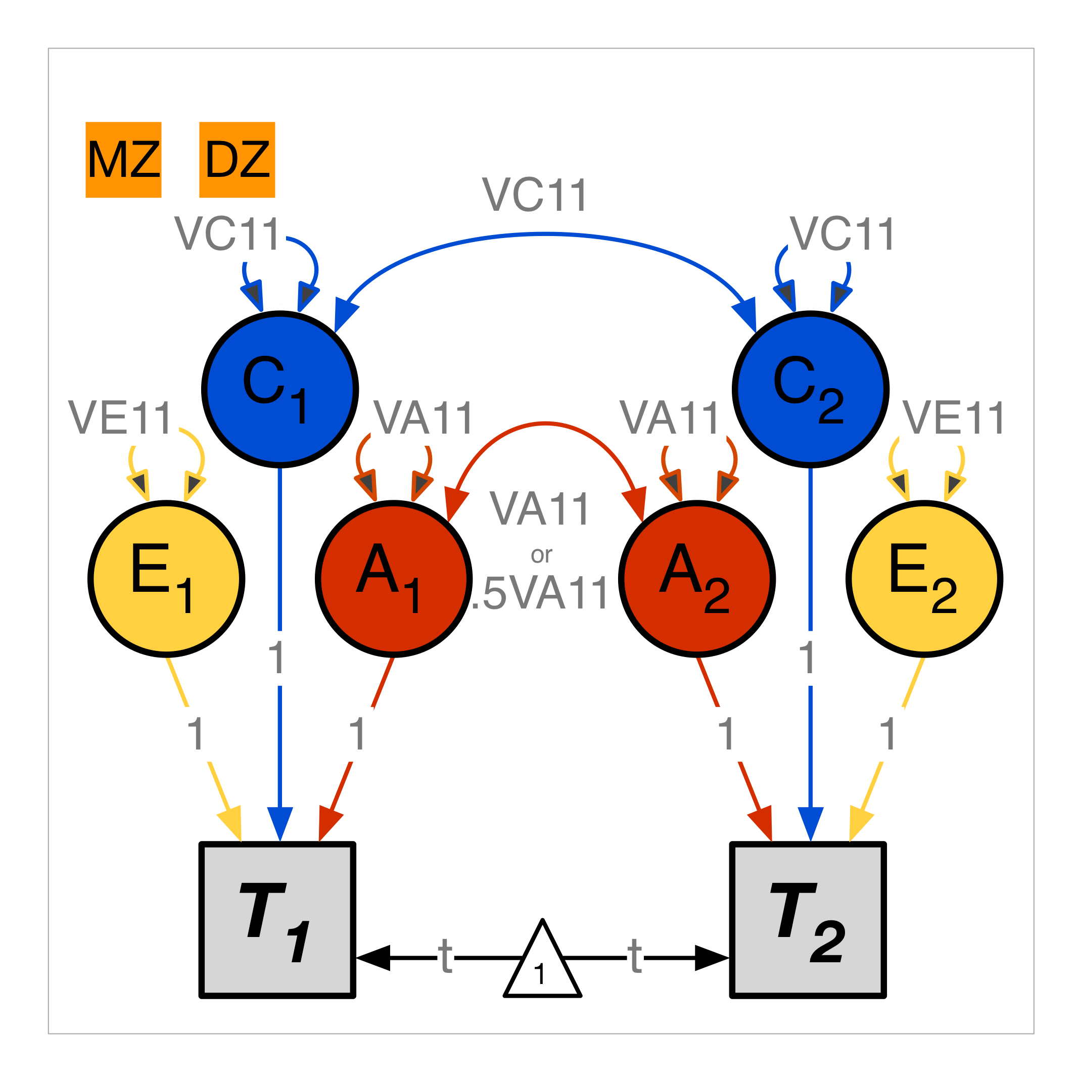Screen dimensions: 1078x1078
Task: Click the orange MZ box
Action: click(123, 160)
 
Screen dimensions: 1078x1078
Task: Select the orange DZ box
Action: click(237, 160)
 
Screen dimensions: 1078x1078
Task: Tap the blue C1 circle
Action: click(280, 389)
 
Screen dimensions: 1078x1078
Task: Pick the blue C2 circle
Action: click(811, 389)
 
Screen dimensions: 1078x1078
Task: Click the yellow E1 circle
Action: click(166, 579)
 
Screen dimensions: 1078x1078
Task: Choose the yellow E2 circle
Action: click(924, 579)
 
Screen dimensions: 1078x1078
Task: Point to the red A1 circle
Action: click(394, 579)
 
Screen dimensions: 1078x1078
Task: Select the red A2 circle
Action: click(697, 579)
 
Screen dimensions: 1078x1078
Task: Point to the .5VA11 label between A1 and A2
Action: click(540, 594)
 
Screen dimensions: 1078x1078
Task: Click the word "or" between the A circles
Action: click(541, 554)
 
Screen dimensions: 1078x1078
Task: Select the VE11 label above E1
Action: click(120, 418)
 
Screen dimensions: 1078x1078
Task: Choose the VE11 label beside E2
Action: click(954, 418)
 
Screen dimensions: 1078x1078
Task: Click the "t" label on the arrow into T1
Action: click(445, 958)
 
